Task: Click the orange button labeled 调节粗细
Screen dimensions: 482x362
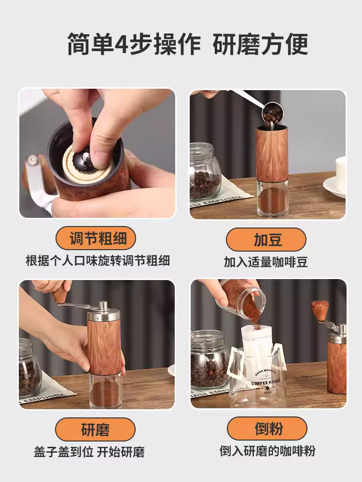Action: pyautogui.click(x=96, y=239)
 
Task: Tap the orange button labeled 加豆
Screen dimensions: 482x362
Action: pyautogui.click(x=266, y=239)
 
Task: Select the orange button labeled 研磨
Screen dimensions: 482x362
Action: pyautogui.click(x=96, y=429)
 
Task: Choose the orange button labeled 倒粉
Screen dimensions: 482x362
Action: pyautogui.click(x=266, y=429)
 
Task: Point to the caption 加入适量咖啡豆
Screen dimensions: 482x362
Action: pyautogui.click(x=266, y=262)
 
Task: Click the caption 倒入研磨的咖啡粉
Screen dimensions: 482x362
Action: pyautogui.click(x=267, y=451)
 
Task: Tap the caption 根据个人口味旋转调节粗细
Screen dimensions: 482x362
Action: pyautogui.click(x=97, y=261)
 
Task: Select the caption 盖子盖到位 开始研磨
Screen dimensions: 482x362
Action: pyautogui.click(x=89, y=452)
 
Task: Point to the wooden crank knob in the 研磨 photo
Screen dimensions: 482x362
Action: pyautogui.click(x=60, y=294)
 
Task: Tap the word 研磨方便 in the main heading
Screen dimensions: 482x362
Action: pyautogui.click(x=261, y=45)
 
